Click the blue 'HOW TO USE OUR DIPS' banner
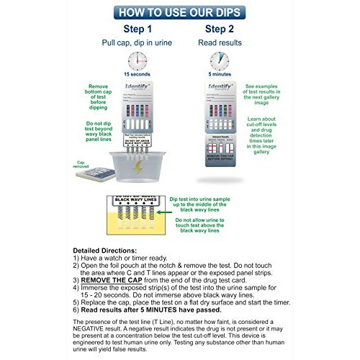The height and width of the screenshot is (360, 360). (179, 11)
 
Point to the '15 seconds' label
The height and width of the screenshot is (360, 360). (137, 75)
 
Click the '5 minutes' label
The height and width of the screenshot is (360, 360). (220, 75)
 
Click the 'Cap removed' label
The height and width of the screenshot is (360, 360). (84, 164)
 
